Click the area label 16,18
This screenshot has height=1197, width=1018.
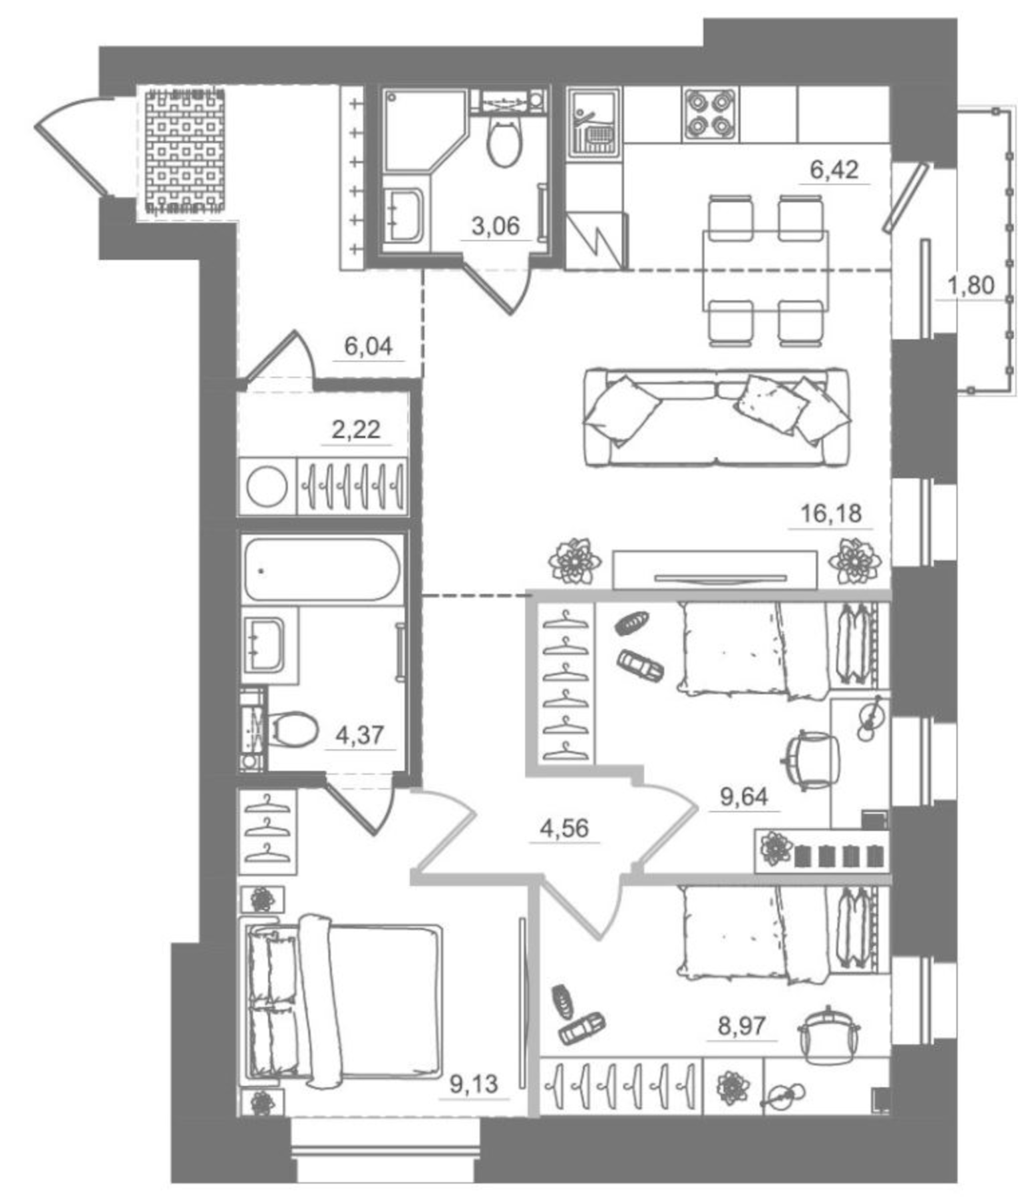pos(830,514)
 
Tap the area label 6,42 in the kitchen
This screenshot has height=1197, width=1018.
pos(834,170)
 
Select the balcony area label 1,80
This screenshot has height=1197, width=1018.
pos(970,286)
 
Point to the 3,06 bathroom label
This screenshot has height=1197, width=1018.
pos(495,227)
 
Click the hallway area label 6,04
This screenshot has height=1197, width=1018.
pos(368,346)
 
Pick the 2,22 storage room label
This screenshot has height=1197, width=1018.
pos(356,430)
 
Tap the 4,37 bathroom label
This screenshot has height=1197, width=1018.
pos(359,736)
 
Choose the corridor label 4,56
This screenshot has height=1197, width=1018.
pos(564,828)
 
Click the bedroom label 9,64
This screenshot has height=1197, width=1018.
pos(744,796)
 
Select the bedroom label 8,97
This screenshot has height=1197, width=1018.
pos(742,1026)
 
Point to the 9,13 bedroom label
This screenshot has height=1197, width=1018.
pos(474,1084)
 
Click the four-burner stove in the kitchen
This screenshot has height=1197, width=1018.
pos(710,114)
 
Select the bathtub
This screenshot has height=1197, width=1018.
pos(322,570)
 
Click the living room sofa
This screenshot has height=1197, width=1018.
pos(716,417)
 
